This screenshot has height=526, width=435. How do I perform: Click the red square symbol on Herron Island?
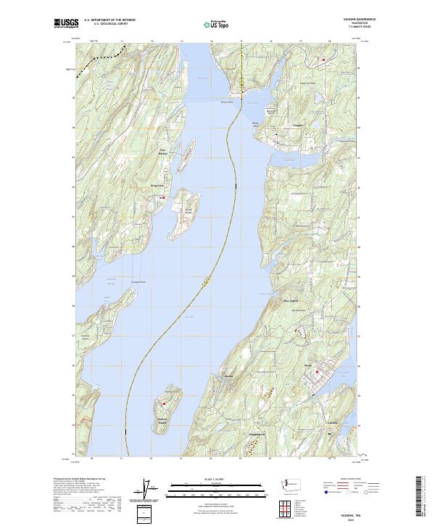click(165, 403)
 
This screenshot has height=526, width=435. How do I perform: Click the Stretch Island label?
click(188, 210)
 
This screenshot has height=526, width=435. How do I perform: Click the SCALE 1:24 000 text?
click(216, 479)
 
